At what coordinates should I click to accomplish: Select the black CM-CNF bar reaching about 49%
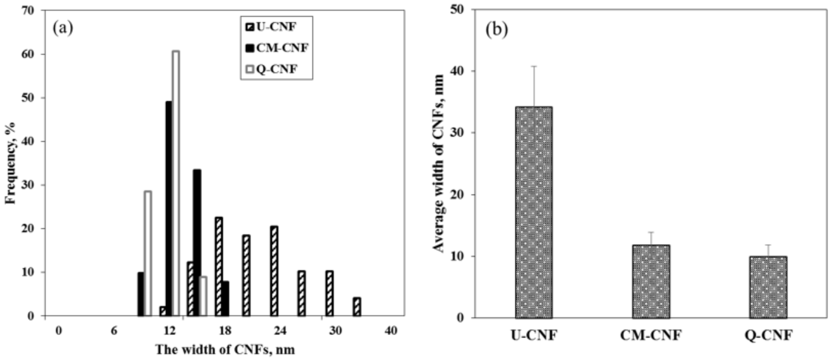(168, 208)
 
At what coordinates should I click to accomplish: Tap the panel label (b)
(497, 30)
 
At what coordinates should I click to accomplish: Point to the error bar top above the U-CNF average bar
(534, 66)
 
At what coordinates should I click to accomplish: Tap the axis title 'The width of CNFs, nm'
(225, 350)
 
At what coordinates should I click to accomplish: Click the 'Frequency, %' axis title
(11, 163)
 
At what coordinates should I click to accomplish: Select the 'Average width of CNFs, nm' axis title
(438, 163)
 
